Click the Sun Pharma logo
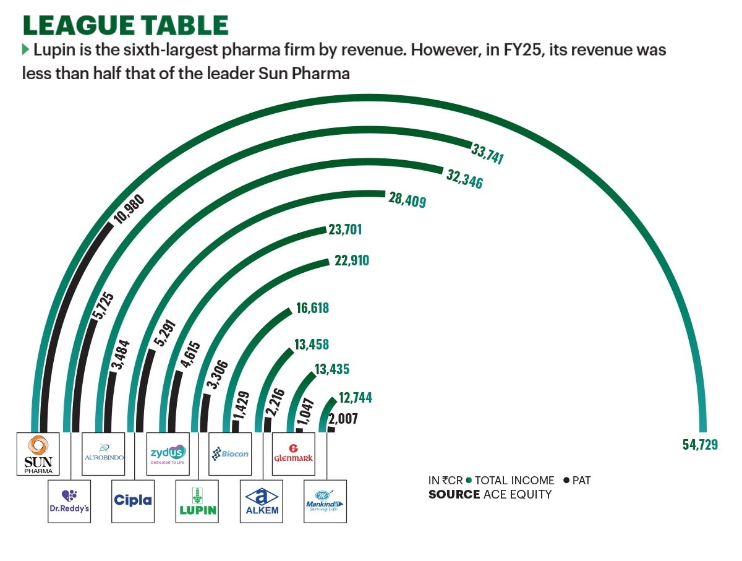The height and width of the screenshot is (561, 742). [38, 454]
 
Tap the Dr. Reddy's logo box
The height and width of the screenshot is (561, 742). [69, 500]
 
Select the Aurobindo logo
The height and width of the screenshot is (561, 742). [104, 454]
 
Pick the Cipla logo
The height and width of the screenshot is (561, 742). [133, 500]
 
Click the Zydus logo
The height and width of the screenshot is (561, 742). [168, 454]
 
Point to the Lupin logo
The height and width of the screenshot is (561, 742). [197, 500]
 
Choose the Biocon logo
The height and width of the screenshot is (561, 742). [231, 454]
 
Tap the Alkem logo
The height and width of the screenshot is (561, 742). [262, 500]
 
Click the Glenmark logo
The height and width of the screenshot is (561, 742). [293, 454]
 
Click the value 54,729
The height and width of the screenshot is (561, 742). [701, 445]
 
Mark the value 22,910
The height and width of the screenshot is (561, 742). [351, 260]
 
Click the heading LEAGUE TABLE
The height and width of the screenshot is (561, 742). [126, 25]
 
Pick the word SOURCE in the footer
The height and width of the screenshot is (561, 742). [454, 494]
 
